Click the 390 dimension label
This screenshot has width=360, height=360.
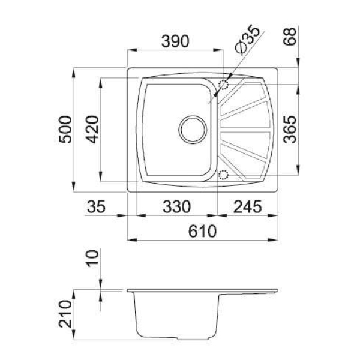point(175,41)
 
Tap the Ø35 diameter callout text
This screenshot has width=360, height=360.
point(247,40)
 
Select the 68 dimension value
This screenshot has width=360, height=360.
point(290,37)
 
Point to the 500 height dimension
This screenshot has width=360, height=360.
point(65,130)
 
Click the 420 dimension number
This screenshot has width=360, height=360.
point(92,130)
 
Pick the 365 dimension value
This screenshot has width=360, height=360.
point(290,130)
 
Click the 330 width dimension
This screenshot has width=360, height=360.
point(176,206)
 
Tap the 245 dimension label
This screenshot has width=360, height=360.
point(247,206)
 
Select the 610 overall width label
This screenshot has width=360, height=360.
point(202,231)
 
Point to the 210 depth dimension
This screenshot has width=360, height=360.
point(65,314)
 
